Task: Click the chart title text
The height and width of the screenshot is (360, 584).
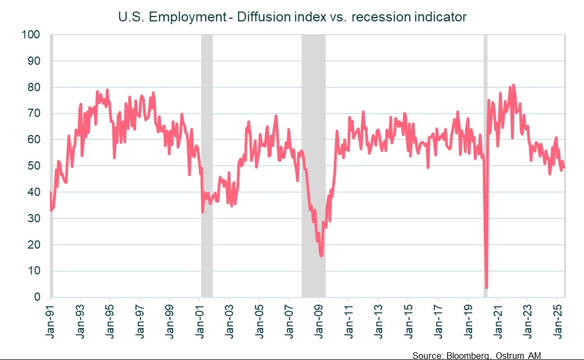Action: tap(292, 17)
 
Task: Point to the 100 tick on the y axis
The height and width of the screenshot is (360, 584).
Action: tap(32, 35)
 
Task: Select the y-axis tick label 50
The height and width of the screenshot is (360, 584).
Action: tap(35, 166)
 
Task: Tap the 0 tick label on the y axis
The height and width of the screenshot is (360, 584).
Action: tap(37, 297)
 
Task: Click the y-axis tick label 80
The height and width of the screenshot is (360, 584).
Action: tap(35, 87)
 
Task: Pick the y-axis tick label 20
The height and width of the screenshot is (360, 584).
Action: tap(35, 245)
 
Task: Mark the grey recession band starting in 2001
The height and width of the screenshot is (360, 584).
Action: tap(207, 165)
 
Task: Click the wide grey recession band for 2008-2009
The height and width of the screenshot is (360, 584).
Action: tap(314, 165)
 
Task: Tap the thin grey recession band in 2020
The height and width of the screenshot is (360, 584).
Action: tap(485, 165)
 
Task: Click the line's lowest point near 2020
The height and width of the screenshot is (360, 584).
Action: tap(486, 287)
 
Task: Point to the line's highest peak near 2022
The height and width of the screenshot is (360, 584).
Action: tap(513, 85)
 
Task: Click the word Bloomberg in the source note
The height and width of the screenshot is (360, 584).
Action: tap(466, 356)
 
